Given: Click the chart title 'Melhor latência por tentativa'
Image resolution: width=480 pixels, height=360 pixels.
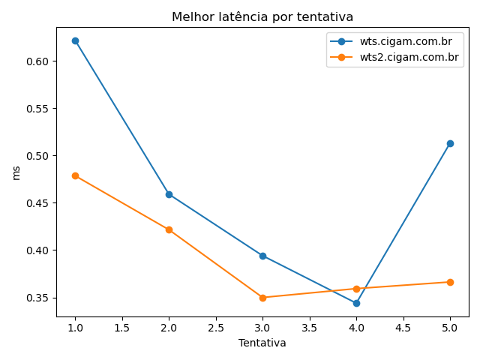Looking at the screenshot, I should point(262,16).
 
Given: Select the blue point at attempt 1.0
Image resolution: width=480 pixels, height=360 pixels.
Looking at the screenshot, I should point(75,40).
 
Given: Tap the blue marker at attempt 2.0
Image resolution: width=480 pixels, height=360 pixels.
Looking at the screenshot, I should point(169,194).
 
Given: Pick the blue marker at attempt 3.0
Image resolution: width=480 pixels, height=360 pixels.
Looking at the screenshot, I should point(262,256).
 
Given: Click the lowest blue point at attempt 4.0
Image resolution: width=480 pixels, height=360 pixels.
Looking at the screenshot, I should point(356,303).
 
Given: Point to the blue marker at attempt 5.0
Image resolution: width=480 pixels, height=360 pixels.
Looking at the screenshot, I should point(450,143).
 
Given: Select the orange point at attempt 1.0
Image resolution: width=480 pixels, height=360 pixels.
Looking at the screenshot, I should point(75,175).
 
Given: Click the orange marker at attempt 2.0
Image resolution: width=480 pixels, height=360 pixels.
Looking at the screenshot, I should point(169,229).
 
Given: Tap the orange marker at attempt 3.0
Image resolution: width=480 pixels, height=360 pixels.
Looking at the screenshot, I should point(262,298).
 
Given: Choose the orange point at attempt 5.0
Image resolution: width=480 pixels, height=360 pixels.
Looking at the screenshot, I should point(450,282).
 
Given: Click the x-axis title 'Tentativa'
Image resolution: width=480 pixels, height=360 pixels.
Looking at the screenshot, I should point(262,343).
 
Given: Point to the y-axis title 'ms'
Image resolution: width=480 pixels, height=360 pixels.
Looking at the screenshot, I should point(16,172).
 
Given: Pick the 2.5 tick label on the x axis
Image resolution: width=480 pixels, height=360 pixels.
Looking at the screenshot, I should point(215,328).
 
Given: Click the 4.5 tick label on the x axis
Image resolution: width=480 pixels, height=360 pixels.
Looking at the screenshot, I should point(403,328).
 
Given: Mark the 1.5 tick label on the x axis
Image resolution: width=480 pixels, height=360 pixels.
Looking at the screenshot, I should point(121,328).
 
